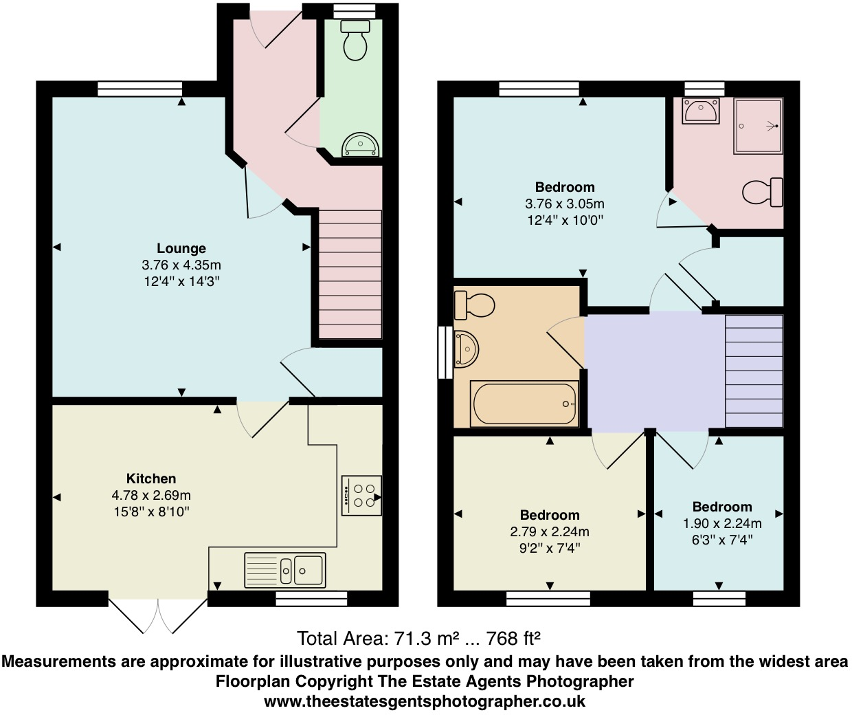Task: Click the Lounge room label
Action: (181, 248)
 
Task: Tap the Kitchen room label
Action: (151, 478)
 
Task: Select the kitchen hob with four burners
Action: (361, 496)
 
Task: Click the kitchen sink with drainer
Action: (285, 570)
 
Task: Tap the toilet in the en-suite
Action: (763, 192)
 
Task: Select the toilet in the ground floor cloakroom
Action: (355, 41)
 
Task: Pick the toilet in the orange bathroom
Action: (474, 305)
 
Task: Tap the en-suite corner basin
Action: (700, 111)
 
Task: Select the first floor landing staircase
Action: (754, 371)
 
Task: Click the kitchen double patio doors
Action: (158, 614)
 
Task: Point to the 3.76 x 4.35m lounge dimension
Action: (181, 265)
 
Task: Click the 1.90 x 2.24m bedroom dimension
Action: (721, 523)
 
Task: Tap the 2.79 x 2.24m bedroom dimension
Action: (550, 531)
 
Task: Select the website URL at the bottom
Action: (425, 701)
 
